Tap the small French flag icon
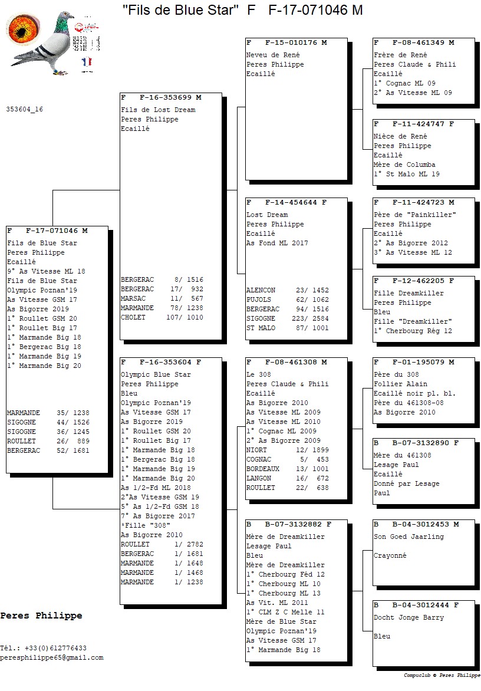coord(87,61)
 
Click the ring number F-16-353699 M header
coord(161,97)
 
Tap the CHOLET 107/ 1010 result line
coord(162,317)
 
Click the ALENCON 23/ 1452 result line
coord(287,290)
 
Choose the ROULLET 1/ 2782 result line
coord(162,544)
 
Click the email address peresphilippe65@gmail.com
coord(51,657)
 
